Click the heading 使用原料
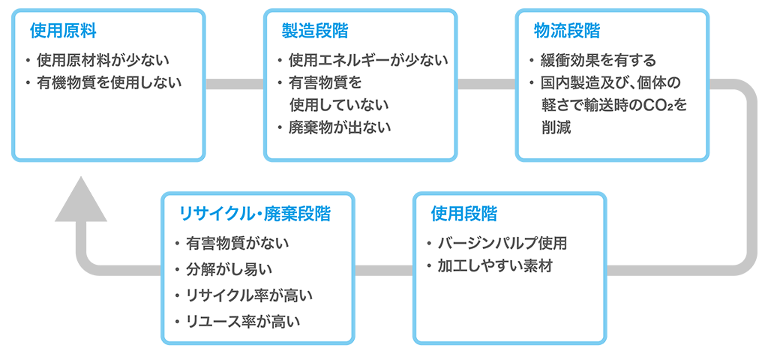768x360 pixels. [63, 31]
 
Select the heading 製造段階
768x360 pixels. [315, 31]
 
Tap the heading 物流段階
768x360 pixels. [567, 31]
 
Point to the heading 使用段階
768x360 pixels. [463, 214]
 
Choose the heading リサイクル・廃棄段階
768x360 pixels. [255, 214]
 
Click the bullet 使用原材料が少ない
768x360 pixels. [102, 60]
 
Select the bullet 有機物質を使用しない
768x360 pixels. [109, 82]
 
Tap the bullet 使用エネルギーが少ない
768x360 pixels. [367, 60]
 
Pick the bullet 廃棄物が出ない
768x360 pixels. [340, 127]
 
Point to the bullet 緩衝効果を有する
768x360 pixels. [598, 60]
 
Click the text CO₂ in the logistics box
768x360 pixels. [658, 106]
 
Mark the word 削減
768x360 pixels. [556, 127]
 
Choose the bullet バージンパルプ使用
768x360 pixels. [502, 244]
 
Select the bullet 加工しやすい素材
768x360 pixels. [495, 266]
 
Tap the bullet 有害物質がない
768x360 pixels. [238, 244]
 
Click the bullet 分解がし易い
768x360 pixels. [229, 269]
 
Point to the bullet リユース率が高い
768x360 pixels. [243, 321]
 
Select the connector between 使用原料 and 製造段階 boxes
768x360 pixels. [235, 84]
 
